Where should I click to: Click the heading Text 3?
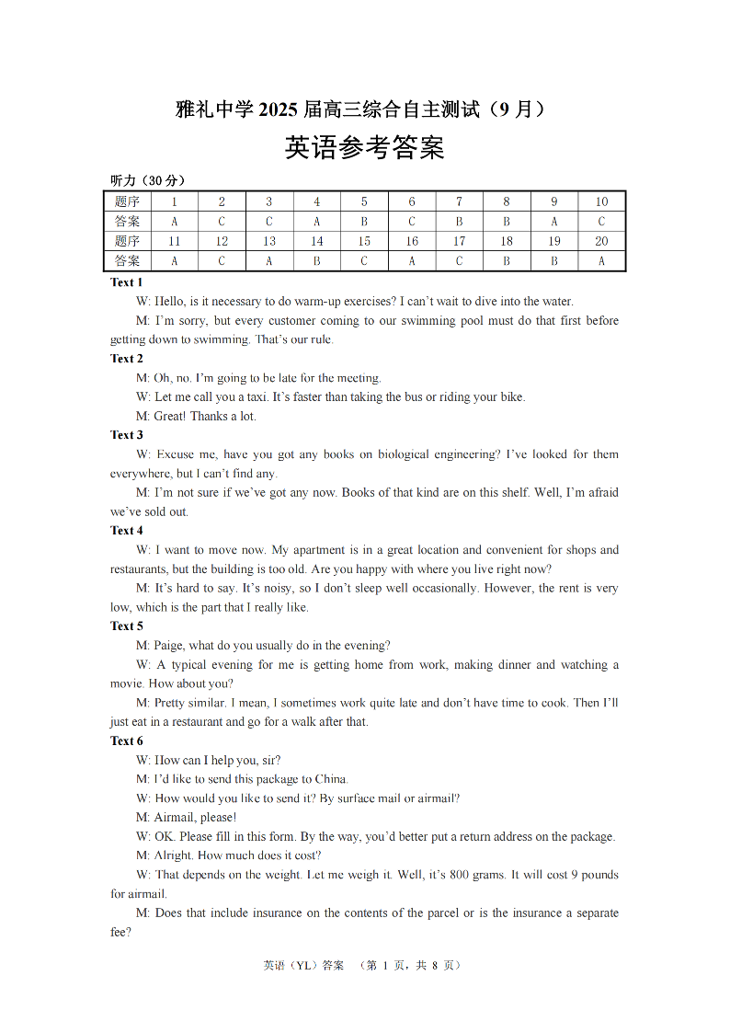(127, 435)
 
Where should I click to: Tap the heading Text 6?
(127, 740)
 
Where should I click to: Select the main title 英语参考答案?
(365, 148)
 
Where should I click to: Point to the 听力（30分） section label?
(147, 180)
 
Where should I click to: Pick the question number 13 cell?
(269, 241)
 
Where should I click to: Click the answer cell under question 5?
(364, 221)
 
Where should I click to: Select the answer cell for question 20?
(601, 260)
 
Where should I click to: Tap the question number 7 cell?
(460, 201)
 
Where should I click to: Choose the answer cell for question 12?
(222, 260)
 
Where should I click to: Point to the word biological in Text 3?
(411, 454)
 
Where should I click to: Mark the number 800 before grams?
(460, 875)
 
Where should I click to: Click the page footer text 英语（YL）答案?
(303, 965)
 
